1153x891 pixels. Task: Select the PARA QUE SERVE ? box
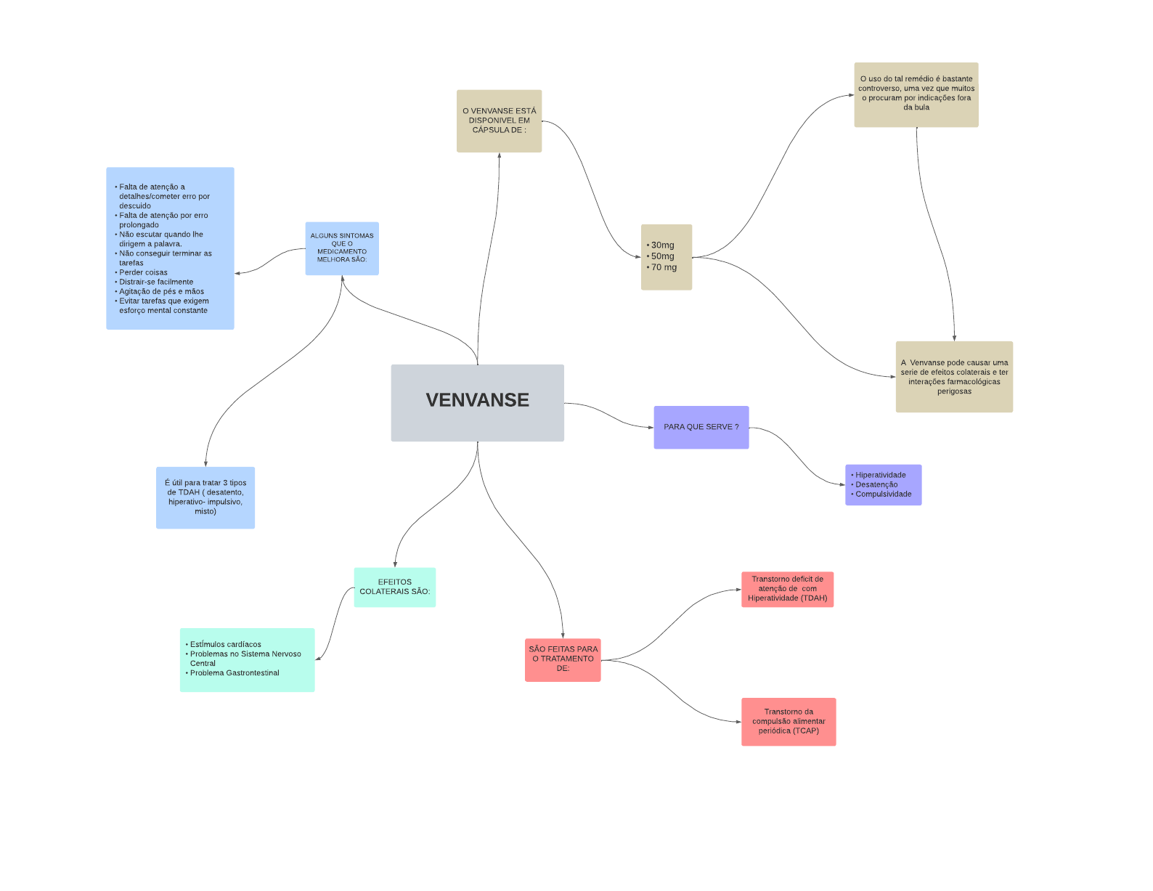pyautogui.click(x=701, y=427)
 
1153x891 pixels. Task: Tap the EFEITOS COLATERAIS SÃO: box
pyautogui.click(x=394, y=587)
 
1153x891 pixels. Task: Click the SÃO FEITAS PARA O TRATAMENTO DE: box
pyautogui.click(x=563, y=659)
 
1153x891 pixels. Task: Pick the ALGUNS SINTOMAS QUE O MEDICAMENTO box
pyautogui.click(x=342, y=248)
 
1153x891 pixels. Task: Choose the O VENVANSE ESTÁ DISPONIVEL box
pyautogui.click(x=499, y=121)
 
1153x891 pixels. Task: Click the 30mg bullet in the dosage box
pyautogui.click(x=662, y=245)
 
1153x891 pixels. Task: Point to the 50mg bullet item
pyautogui.click(x=662, y=256)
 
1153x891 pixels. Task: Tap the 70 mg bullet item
pyautogui.click(x=664, y=267)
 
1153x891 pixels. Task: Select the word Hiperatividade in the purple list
pyautogui.click(x=880, y=475)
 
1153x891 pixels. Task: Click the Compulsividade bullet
pyautogui.click(x=883, y=494)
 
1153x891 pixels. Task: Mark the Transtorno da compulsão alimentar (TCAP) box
pyautogui.click(x=789, y=721)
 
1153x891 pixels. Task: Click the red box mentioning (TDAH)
pyautogui.click(x=787, y=589)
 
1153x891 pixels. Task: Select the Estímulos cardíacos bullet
pyautogui.click(x=225, y=644)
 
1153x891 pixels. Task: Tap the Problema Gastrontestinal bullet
pyautogui.click(x=235, y=672)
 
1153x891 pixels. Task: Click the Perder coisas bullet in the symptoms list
pyautogui.click(x=143, y=272)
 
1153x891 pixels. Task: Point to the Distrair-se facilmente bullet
pyautogui.click(x=156, y=282)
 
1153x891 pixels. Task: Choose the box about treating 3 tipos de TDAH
pyautogui.click(x=205, y=497)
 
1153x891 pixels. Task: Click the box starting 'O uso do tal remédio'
pyautogui.click(x=916, y=94)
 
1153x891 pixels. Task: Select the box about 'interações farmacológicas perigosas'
pyautogui.click(x=953, y=376)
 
